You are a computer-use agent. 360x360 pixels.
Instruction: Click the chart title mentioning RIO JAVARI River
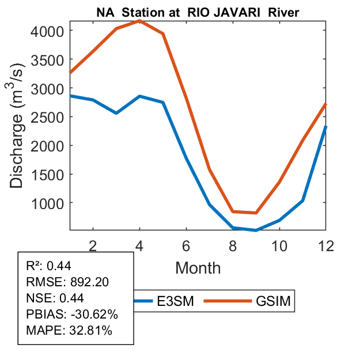198,13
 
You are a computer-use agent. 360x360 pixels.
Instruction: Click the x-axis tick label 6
186,245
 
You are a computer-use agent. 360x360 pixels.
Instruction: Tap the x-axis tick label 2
93,245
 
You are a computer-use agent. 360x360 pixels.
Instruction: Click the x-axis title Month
198,267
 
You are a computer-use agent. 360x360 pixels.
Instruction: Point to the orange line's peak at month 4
139,21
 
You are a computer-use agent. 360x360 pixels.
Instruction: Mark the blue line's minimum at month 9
256,230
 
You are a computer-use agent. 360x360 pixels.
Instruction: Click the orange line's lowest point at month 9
256,213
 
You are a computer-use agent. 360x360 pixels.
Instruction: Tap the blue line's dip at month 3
116,113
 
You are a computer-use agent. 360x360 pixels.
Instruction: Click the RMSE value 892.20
89,282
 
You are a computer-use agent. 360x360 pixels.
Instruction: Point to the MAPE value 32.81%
90,331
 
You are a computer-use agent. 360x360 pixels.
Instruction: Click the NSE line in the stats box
55,298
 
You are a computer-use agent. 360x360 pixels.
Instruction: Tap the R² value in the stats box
59,266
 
